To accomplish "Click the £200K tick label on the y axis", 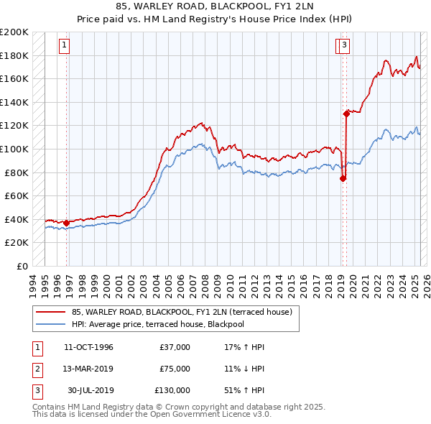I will [x=14, y=32].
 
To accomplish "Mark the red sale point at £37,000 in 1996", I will [x=67, y=223].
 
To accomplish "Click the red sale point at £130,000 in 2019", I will [x=346, y=113].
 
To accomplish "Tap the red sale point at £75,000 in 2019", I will [x=343, y=178].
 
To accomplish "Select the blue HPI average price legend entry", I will [x=158, y=324].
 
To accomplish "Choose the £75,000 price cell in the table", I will [x=175, y=369].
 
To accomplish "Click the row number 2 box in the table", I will [x=35, y=369].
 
